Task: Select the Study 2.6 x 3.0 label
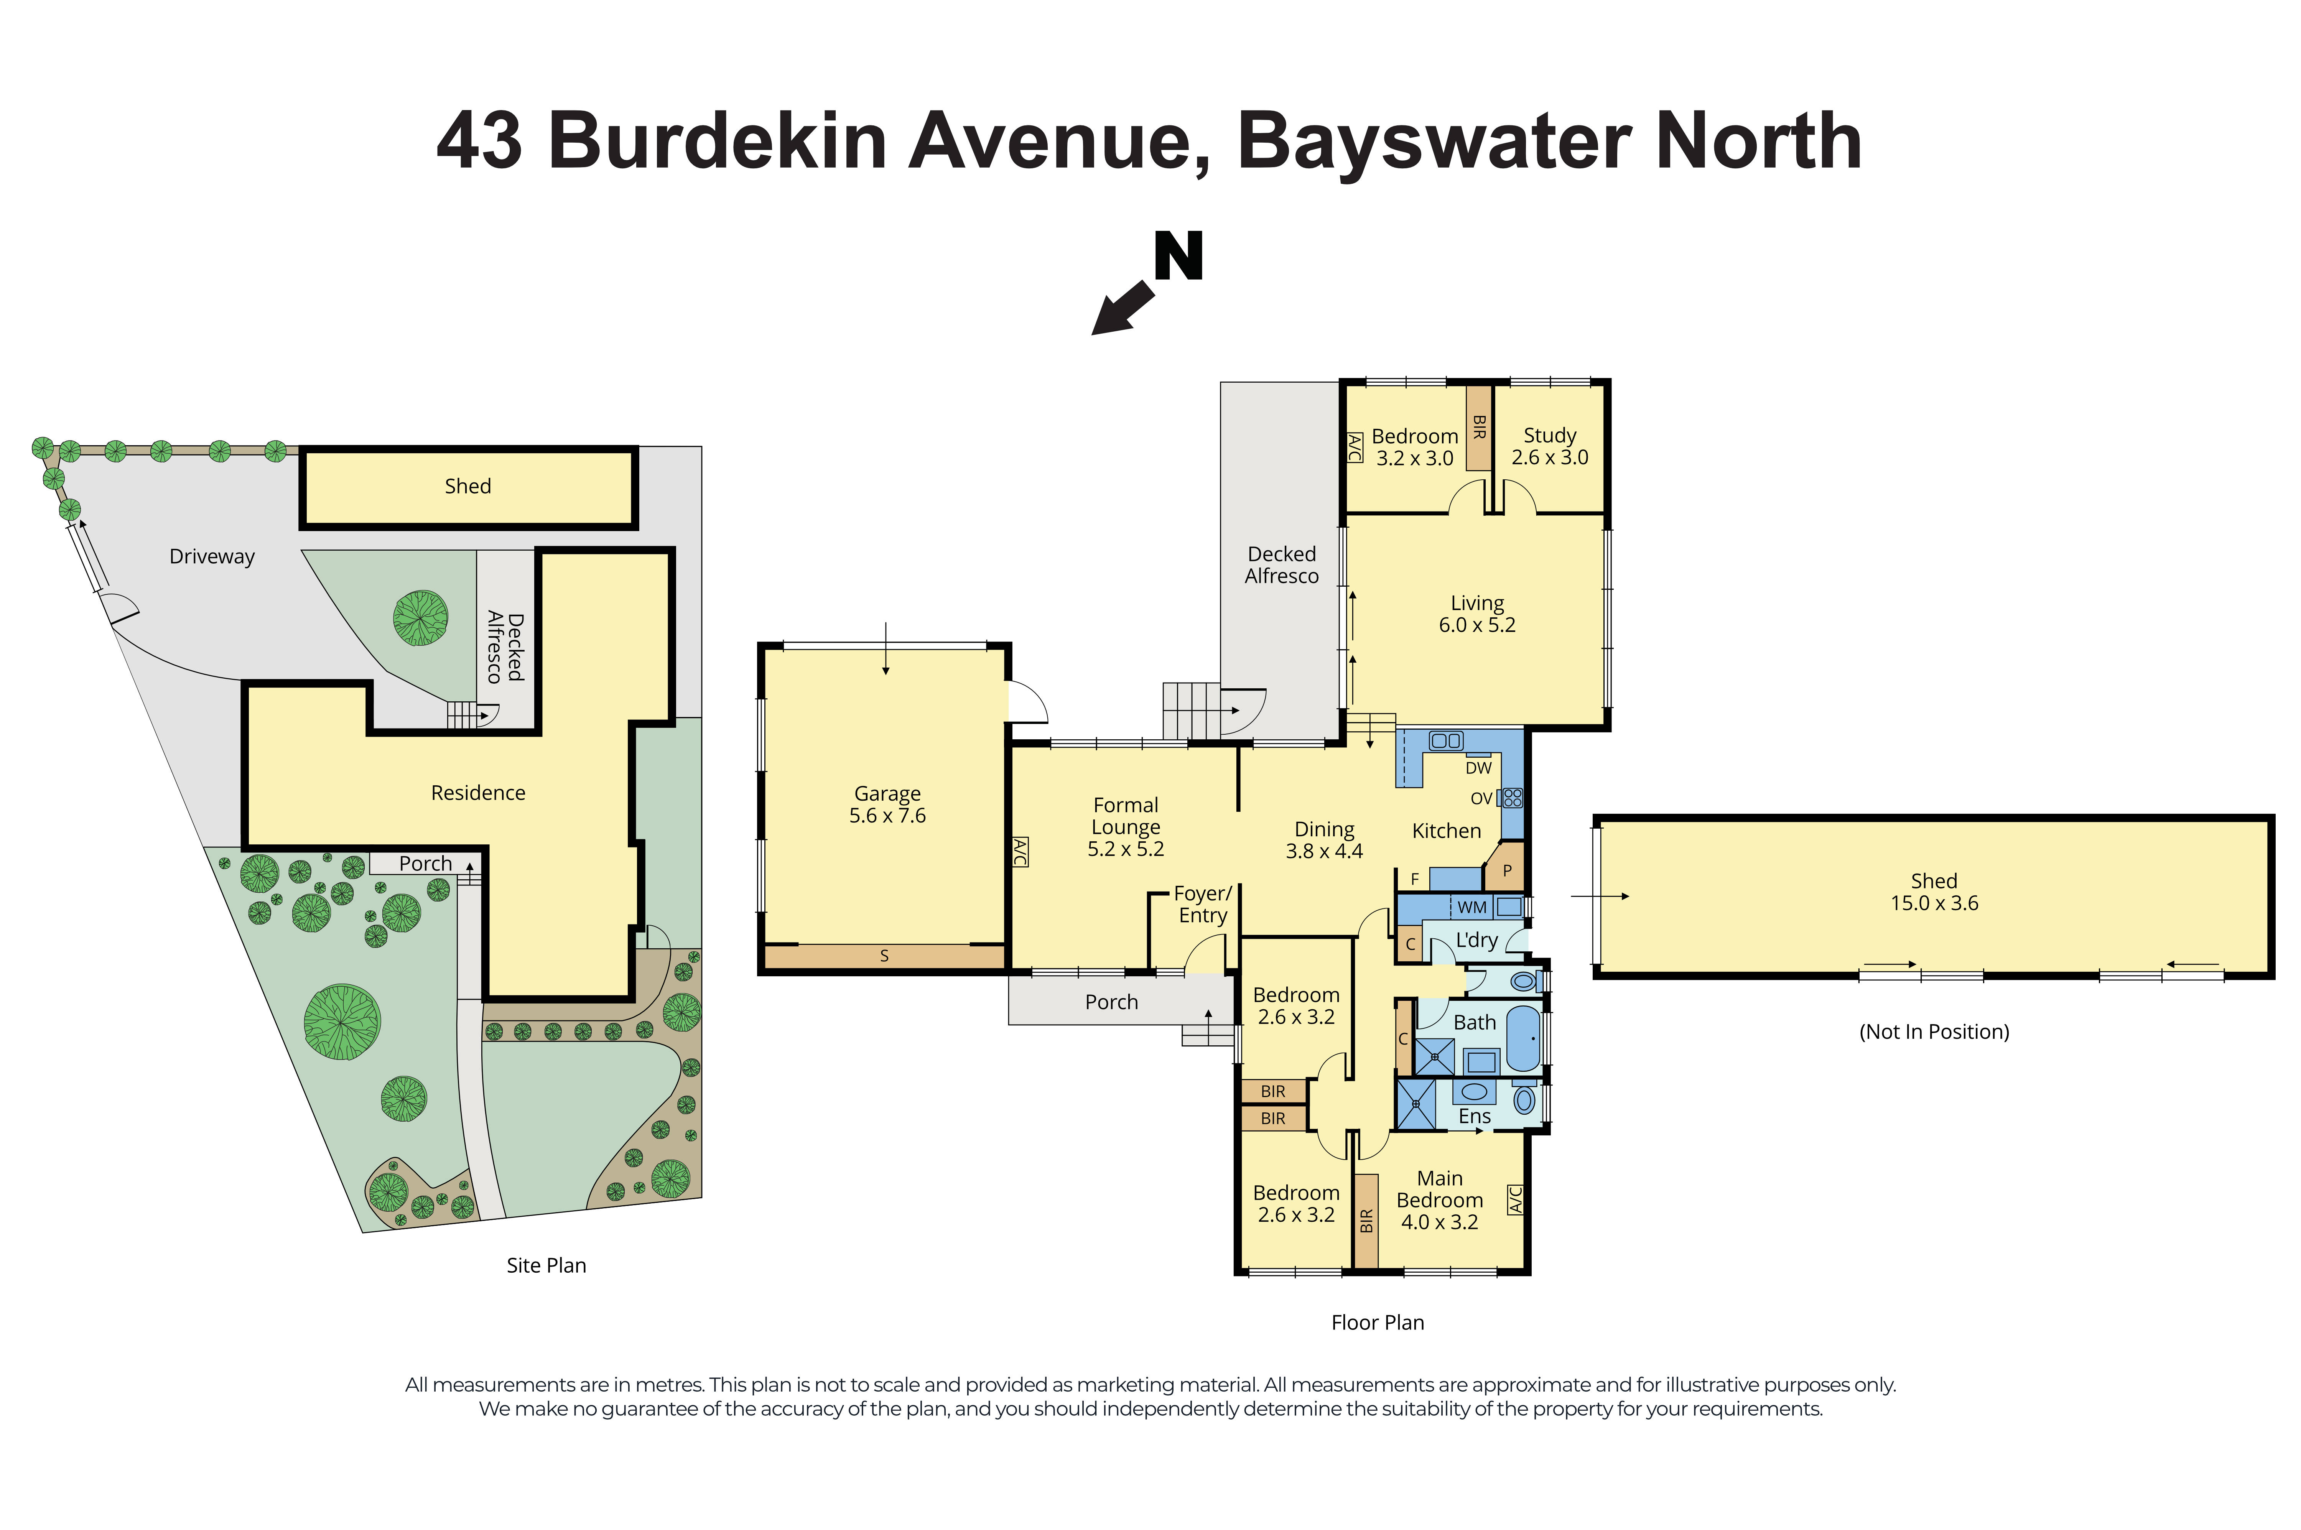[1550, 446]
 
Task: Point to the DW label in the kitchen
[1478, 768]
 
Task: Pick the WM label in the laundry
[1471, 908]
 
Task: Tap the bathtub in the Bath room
[1522, 1039]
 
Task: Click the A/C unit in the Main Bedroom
[1516, 1199]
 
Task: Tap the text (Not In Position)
[1934, 1032]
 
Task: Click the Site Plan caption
[546, 1265]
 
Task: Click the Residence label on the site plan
[478, 792]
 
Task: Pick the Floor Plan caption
[1378, 1322]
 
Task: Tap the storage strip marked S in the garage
[884, 956]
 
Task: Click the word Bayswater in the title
[1434, 141]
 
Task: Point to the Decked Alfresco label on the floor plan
[1281, 565]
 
